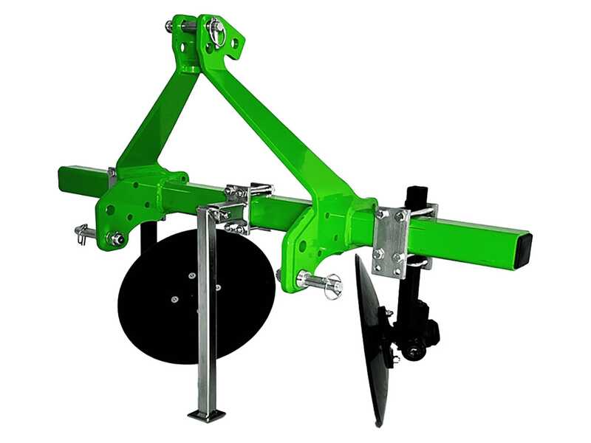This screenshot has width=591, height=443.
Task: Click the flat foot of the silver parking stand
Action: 206,416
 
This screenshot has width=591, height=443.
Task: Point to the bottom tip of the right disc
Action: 380,422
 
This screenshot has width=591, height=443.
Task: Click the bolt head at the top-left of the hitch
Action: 171,27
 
